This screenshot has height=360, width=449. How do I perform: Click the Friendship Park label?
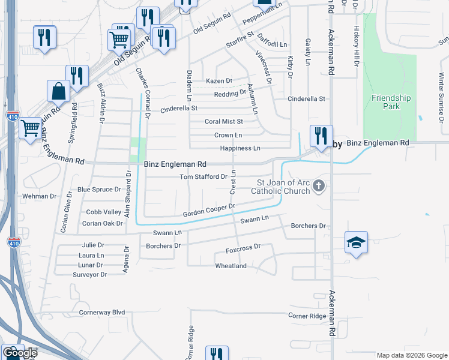(x=391, y=102)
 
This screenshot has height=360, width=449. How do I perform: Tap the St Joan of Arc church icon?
(x=319, y=187)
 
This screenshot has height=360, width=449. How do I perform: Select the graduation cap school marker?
(x=356, y=242)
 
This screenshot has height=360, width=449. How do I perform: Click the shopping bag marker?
(x=58, y=91)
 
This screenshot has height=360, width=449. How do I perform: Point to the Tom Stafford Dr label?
(x=203, y=177)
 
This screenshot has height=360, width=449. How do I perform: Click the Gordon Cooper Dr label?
(x=208, y=210)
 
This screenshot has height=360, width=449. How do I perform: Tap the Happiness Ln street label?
(x=240, y=148)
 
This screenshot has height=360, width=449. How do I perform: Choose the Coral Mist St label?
(x=223, y=121)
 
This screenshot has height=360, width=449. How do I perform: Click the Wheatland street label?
(x=231, y=266)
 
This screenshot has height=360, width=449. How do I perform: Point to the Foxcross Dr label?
(x=243, y=247)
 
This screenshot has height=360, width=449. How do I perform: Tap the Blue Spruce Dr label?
(x=99, y=190)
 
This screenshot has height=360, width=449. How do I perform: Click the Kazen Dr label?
(x=218, y=81)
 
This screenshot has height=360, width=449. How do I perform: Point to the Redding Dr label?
(x=230, y=94)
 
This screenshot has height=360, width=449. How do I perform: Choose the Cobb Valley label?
(x=103, y=212)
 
